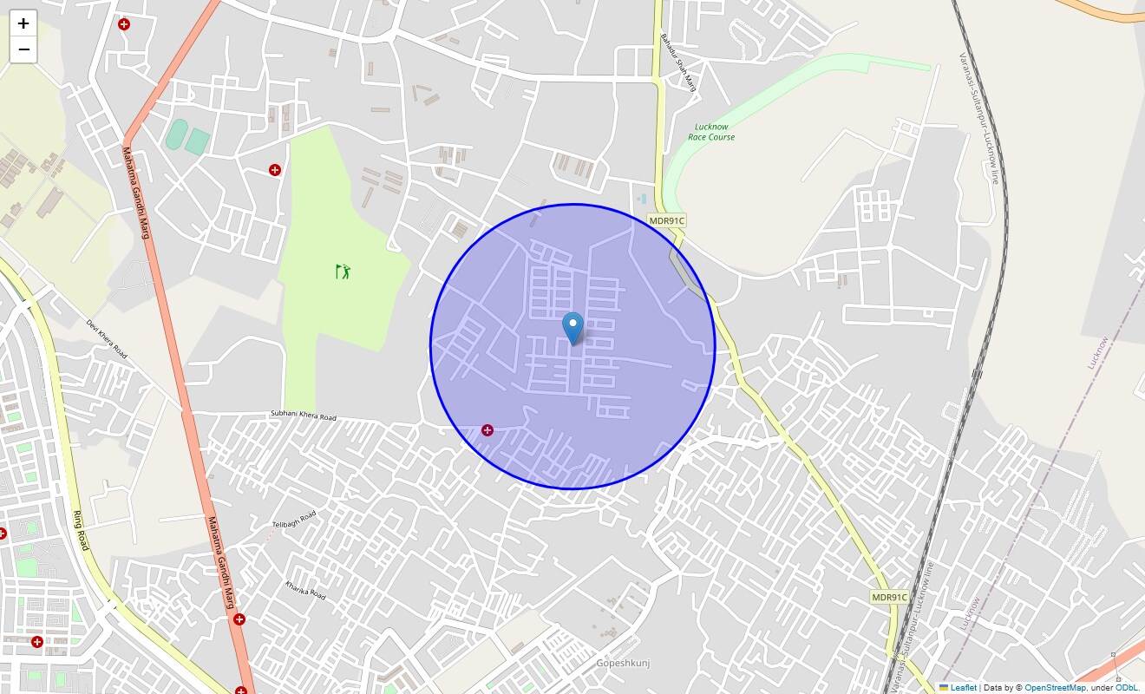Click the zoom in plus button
pos(23,23)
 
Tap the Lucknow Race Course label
pos(711,132)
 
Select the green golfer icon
pos(343,271)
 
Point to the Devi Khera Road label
pos(107,339)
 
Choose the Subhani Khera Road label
pos(303,416)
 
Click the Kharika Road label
pos(305,591)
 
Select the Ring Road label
pos(79,529)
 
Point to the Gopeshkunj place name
pos(622,664)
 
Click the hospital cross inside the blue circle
pos(487,430)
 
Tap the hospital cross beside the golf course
pos(275,170)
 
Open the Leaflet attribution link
pos(963,688)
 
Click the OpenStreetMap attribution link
pos(1055,688)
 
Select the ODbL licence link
pos(1127,688)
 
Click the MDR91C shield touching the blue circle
pos(667,221)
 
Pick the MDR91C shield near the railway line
pos(889,597)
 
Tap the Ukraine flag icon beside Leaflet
pos(944,688)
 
